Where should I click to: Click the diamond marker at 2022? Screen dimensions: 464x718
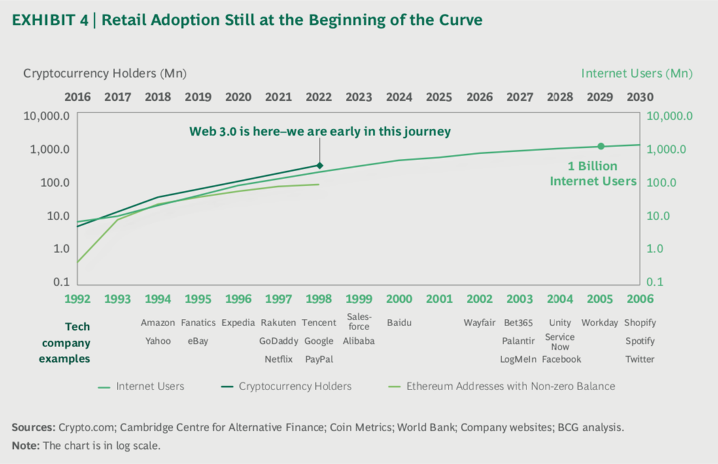319,165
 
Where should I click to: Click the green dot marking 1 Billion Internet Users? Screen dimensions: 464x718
600,146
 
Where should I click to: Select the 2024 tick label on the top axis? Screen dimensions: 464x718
399,97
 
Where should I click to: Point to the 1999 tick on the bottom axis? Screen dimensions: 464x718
359,299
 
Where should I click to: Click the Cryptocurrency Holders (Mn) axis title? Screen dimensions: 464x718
105,73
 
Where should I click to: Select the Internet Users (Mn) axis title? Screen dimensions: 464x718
636,73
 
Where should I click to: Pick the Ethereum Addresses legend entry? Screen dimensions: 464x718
510,386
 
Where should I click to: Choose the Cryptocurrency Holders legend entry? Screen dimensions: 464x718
295,386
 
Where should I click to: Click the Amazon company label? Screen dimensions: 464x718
158,323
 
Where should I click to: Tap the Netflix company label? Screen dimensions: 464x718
279,359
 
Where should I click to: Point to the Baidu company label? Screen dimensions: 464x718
399,323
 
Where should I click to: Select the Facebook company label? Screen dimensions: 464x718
560,359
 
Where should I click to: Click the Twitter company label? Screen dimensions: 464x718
640,359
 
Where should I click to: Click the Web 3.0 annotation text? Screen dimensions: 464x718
320,131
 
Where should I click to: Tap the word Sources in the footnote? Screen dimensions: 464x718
33,428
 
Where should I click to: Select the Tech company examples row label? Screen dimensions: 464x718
64,342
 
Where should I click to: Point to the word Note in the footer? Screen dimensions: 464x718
25,446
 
